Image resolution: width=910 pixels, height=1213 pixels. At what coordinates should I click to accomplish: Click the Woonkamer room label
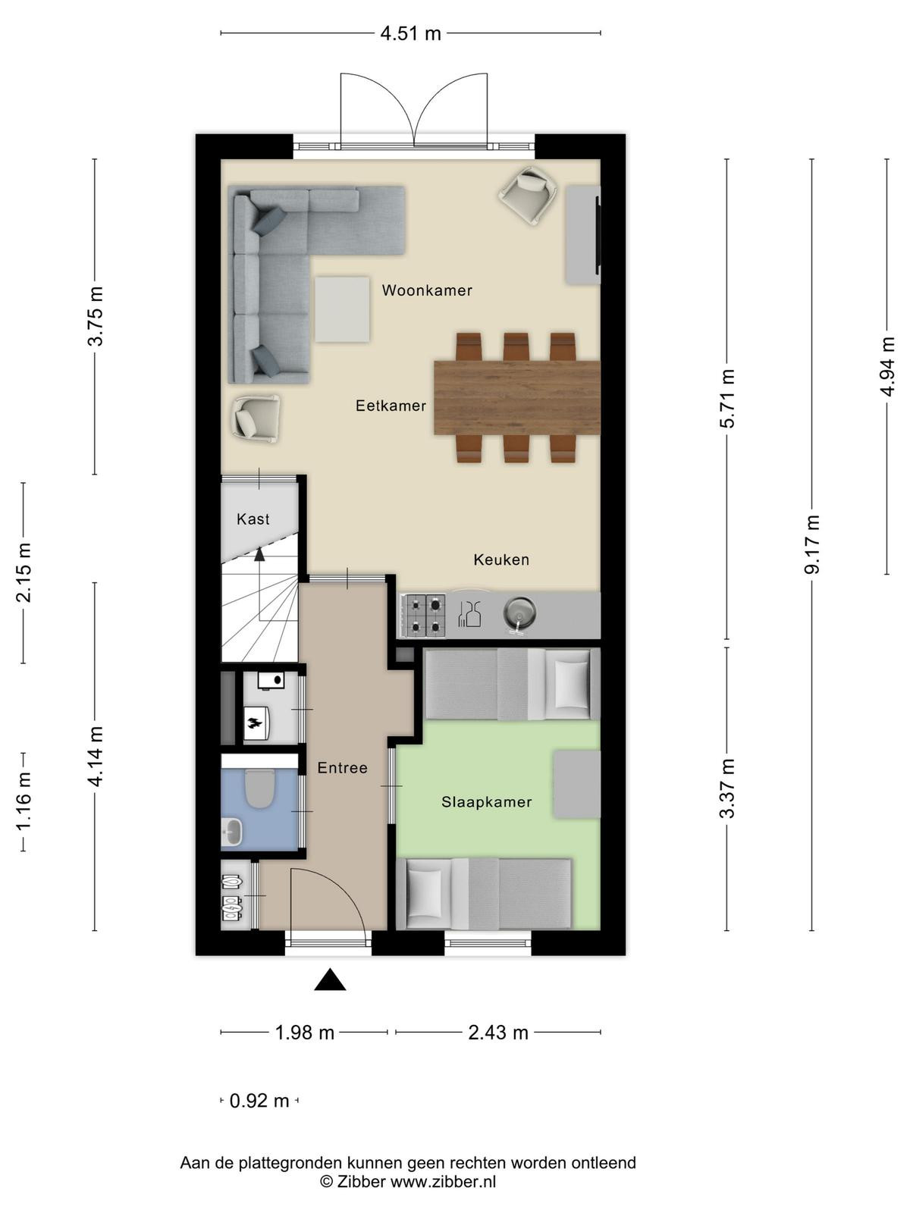pos(426,290)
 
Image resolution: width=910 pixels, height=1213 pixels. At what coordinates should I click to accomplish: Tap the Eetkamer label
pos(391,406)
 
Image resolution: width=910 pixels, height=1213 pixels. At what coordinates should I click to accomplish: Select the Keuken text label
pos(501,559)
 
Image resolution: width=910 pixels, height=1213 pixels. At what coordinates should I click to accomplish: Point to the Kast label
pos(253,519)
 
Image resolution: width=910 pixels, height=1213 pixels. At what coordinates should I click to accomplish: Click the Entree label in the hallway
pos(342,768)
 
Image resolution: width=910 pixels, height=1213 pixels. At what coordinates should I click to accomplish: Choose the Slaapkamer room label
pos(486,802)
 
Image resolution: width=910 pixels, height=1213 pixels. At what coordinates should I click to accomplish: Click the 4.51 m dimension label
pos(410,33)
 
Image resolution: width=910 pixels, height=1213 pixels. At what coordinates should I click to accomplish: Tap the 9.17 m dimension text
pos(811,544)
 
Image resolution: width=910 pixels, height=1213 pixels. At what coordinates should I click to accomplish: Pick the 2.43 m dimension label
pos(498,1033)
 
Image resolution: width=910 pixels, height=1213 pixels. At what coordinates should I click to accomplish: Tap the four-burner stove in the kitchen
pos(425,615)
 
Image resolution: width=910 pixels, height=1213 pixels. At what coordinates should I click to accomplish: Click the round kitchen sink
pos(519,613)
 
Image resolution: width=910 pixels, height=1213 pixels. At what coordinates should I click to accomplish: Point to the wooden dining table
pos(517,397)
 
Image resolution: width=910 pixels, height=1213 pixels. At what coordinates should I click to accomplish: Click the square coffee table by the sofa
pos(342,309)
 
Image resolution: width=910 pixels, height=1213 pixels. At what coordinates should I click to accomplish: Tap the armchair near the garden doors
pos(528,195)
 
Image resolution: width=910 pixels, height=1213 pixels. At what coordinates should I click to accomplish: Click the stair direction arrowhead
pos(259,554)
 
